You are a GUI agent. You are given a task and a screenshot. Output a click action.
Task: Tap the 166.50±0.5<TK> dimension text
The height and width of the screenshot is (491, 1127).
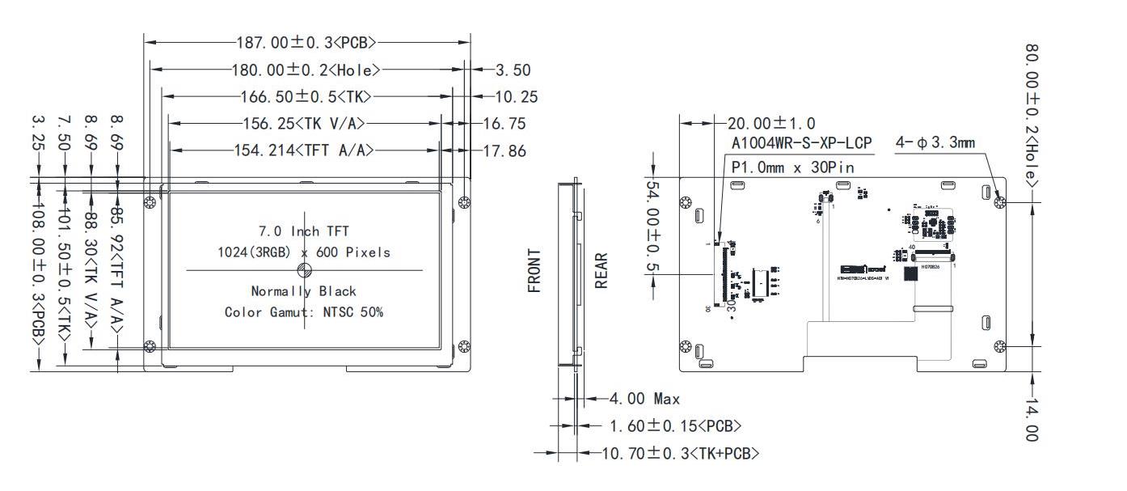pos(306,96)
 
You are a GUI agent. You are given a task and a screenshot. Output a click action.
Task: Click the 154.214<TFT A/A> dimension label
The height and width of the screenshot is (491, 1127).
pos(305,150)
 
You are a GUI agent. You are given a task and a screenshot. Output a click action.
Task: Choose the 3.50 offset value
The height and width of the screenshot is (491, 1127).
pos(513,70)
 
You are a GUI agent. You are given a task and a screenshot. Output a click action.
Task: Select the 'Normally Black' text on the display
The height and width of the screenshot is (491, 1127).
pos(303,291)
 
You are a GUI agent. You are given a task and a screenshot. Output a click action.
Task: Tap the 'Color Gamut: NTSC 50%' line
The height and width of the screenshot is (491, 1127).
pos(303,311)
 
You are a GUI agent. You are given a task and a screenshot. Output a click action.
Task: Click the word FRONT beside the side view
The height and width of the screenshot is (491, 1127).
pos(535,271)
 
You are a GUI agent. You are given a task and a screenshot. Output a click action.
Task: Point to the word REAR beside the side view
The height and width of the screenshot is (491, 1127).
pos(601,271)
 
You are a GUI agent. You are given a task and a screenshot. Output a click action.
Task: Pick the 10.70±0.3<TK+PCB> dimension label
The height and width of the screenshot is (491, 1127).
pos(681,453)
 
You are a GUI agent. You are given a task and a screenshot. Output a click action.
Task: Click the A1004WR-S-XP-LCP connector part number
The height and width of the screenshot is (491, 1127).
pos(802,143)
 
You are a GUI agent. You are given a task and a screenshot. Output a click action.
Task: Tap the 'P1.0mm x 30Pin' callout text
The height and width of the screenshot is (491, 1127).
pos(792,167)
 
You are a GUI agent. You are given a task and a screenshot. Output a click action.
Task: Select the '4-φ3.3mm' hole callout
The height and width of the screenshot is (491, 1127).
pos(935,143)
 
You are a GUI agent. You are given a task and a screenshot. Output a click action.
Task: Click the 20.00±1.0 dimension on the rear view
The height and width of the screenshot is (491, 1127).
pos(771,123)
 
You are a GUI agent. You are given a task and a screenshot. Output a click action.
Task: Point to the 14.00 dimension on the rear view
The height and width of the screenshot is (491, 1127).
pos(1031,419)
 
